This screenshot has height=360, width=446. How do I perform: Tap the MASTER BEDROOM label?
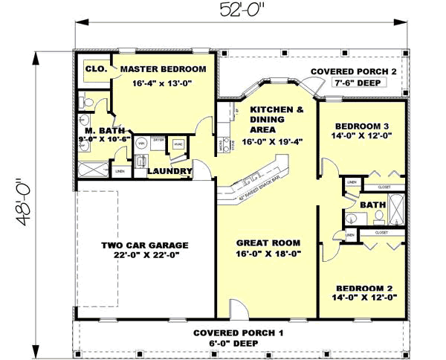coord(163,69)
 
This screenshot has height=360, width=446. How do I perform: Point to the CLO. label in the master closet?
coord(96,69)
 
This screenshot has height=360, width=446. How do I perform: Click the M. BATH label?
coord(97,131)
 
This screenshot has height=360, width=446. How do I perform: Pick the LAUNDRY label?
coord(169,172)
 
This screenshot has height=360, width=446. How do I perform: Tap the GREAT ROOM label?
coord(268,242)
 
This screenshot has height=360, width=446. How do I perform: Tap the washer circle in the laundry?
coord(140,147)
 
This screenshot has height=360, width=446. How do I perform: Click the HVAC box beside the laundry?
coord(178,146)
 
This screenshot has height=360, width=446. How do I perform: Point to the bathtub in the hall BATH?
coord(398,208)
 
